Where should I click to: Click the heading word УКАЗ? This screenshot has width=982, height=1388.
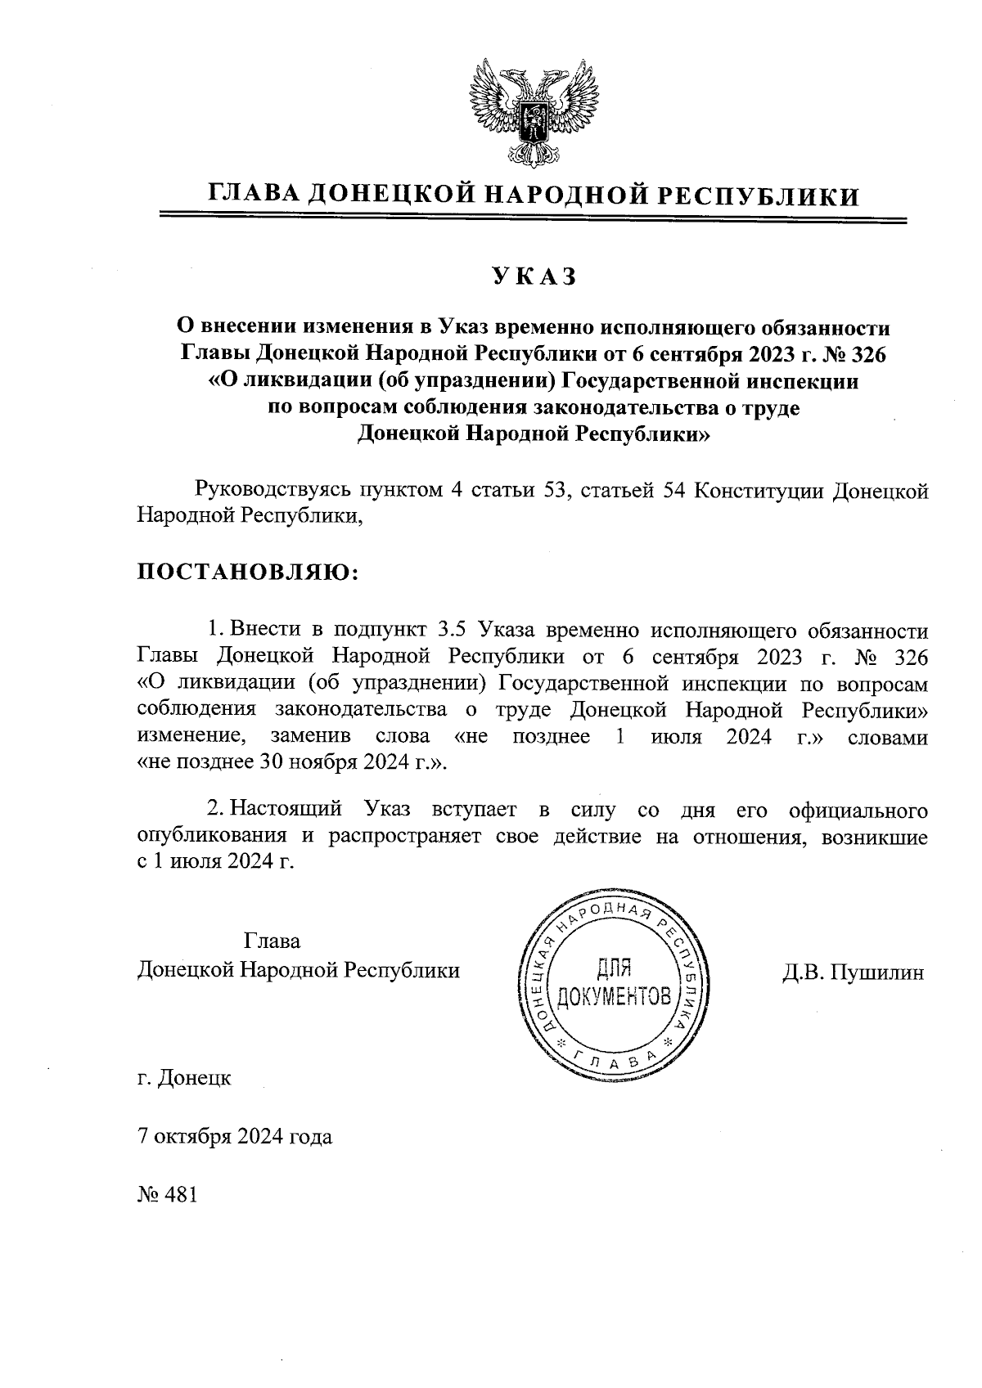tap(534, 276)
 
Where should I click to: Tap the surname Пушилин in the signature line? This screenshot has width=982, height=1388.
tap(876, 972)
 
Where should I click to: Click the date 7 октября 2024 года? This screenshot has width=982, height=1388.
tap(235, 1137)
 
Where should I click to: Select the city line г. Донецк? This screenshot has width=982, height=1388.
tap(184, 1077)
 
